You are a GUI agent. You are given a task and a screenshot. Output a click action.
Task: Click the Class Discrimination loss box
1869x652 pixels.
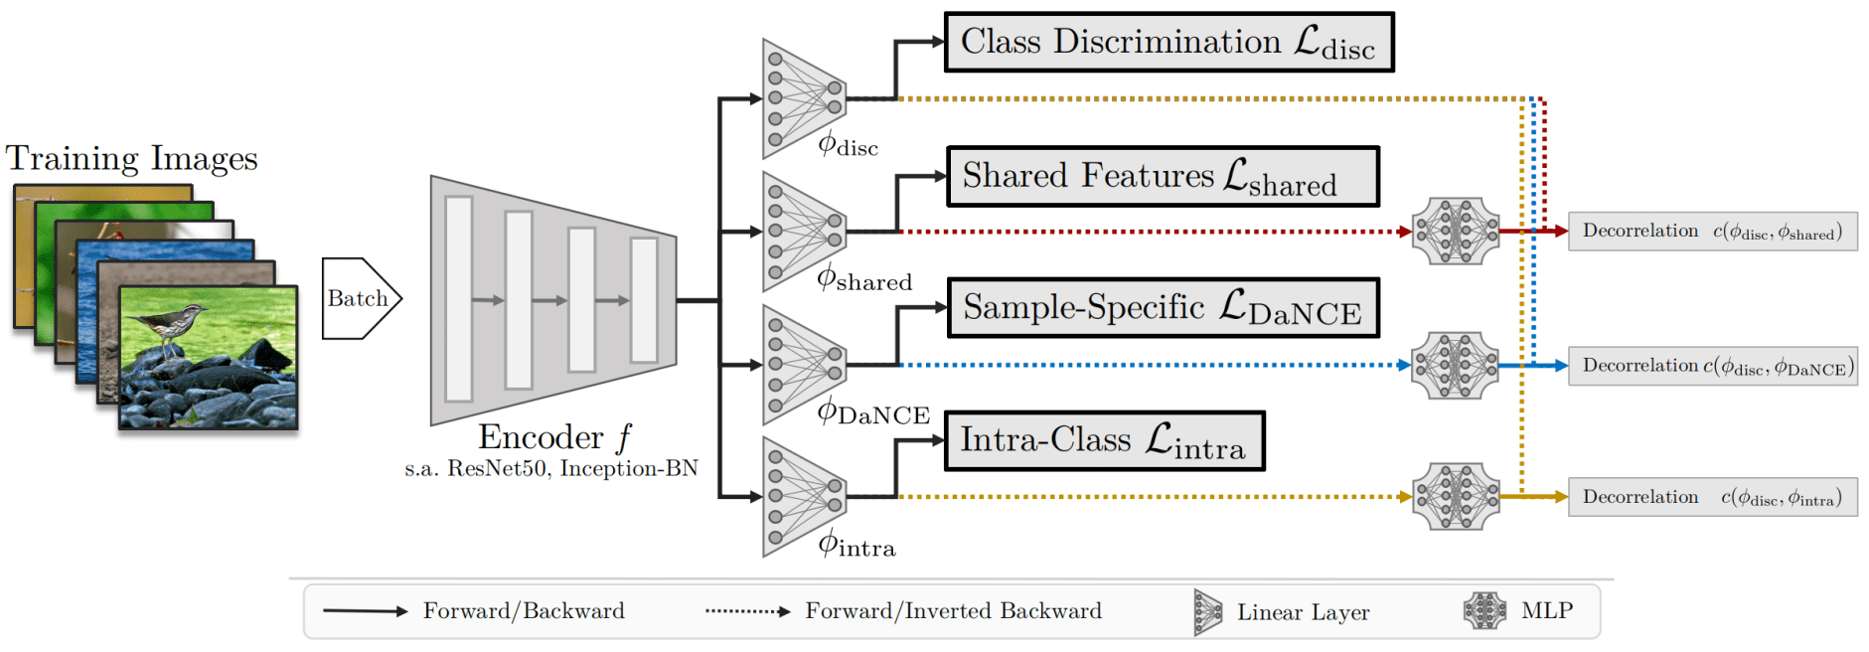[1168, 42]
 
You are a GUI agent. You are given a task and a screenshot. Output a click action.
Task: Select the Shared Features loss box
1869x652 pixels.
[1163, 176]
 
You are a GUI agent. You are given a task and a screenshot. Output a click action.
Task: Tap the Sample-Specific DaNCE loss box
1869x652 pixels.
[1163, 308]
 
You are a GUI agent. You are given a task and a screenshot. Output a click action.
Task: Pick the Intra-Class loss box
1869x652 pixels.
[1104, 440]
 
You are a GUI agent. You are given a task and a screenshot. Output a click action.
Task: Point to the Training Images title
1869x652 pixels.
[131, 158]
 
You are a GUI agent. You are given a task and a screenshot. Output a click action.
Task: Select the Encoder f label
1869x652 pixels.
[554, 437]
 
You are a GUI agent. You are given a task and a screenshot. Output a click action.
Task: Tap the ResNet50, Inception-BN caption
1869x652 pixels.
[551, 468]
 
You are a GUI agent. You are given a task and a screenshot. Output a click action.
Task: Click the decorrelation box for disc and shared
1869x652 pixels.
[1712, 232]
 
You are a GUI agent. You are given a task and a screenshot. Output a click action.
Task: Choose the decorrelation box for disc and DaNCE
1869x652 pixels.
[1712, 366]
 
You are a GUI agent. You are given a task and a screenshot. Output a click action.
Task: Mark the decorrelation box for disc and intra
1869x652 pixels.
[1712, 497]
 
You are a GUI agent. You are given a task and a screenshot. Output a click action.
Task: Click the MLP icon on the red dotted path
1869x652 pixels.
[1456, 232]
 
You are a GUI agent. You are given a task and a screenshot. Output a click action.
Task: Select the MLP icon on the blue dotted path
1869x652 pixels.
[1456, 366]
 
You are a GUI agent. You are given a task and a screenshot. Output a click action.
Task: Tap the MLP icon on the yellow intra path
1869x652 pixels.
[1456, 497]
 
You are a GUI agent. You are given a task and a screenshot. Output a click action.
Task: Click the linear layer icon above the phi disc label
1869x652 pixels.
[803, 98]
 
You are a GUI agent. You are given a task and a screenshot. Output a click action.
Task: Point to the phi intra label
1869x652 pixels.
[857, 544]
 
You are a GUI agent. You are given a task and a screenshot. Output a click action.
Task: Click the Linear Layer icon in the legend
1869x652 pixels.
[1207, 612]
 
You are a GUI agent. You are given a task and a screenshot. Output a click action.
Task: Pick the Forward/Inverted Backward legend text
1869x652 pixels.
[953, 610]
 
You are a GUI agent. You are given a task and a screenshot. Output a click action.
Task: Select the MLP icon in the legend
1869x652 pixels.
[1484, 610]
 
